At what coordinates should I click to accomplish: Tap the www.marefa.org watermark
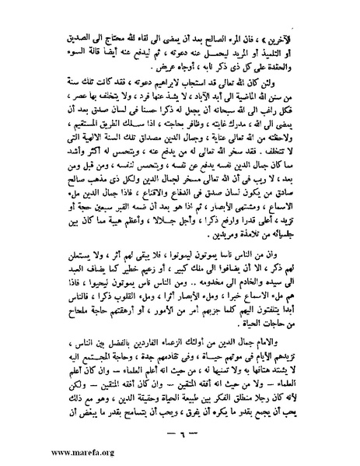click(x=41, y=450)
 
